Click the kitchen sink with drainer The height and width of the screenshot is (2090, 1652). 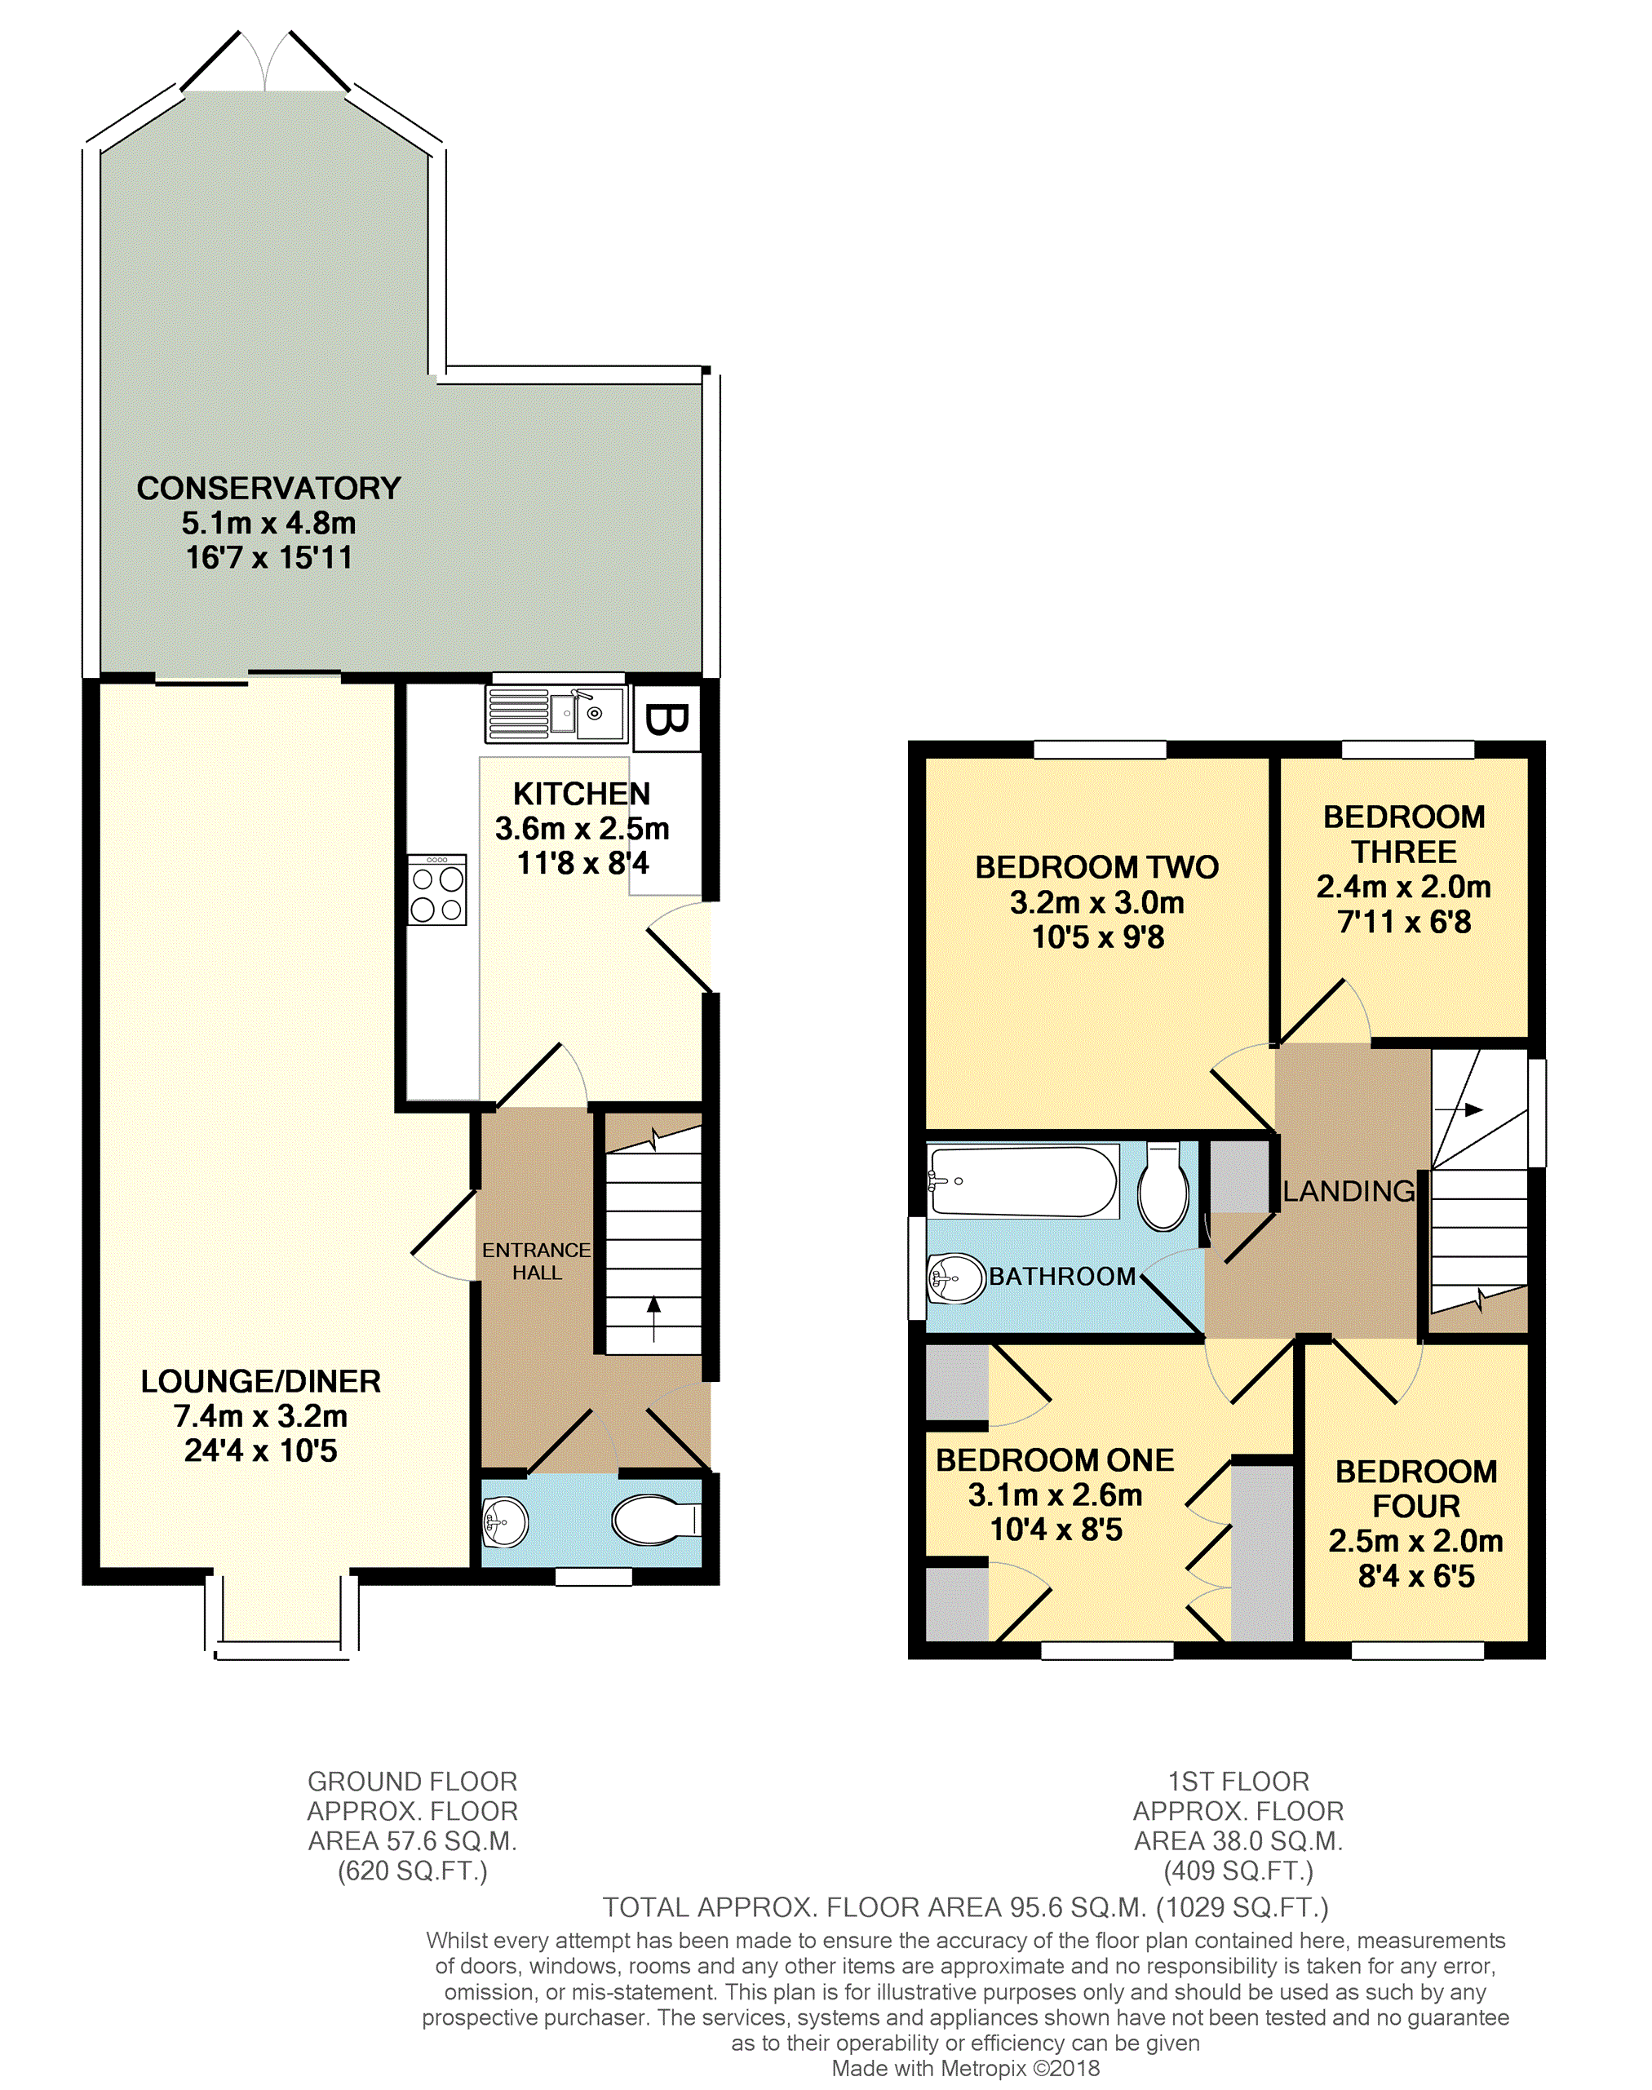556,714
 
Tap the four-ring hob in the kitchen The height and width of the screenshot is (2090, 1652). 437,890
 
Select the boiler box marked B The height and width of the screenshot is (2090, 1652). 667,719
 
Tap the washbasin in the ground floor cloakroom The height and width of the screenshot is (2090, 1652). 505,1521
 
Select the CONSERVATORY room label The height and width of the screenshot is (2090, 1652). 269,489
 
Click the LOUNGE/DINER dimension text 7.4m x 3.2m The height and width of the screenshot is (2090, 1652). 261,1416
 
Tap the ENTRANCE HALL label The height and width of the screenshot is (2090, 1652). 537,1261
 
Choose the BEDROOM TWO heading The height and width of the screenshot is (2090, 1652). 1096,867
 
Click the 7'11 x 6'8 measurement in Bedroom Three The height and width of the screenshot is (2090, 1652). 1404,922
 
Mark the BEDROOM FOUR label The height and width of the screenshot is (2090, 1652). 1417,1489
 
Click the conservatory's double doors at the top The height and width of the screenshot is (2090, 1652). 265,60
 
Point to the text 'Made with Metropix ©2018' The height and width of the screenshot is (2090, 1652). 965,2068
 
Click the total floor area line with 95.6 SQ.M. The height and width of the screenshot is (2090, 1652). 965,1907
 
